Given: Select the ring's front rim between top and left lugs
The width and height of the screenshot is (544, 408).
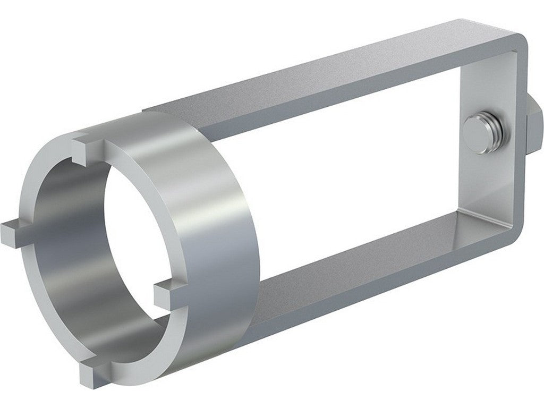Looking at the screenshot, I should click(x=37, y=175).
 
